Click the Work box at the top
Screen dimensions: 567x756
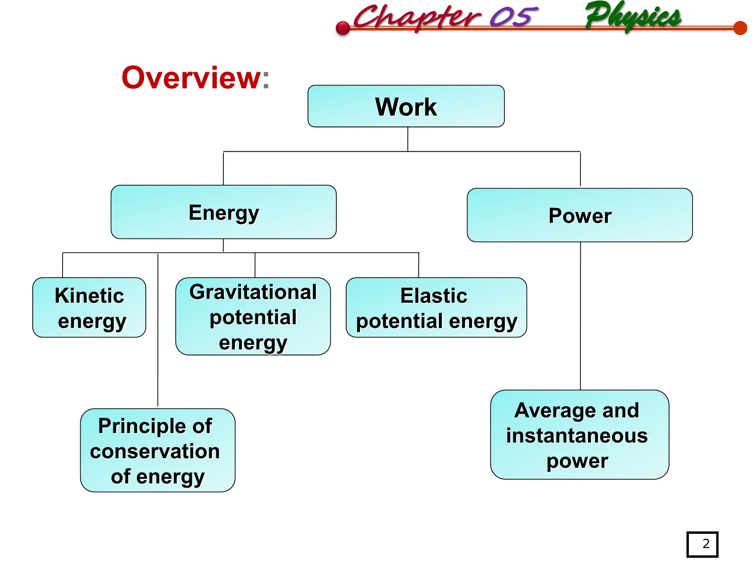(406, 106)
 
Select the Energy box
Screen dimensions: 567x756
(223, 212)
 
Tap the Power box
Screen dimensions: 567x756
(580, 215)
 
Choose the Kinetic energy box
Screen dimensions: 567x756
(89, 307)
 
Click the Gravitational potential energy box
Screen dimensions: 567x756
(253, 316)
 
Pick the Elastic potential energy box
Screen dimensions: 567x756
(436, 307)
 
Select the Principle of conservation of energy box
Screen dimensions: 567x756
(157, 450)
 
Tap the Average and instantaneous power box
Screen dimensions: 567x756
(580, 435)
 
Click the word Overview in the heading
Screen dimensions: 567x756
(192, 78)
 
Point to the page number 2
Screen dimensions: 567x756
(706, 544)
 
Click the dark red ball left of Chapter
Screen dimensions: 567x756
(343, 28)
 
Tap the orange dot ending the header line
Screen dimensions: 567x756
(740, 28)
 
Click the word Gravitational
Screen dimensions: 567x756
(253, 292)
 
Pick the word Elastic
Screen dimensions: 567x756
(433, 296)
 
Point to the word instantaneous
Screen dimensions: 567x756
(577, 436)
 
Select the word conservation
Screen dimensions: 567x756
(155, 451)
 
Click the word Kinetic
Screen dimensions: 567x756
(89, 296)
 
